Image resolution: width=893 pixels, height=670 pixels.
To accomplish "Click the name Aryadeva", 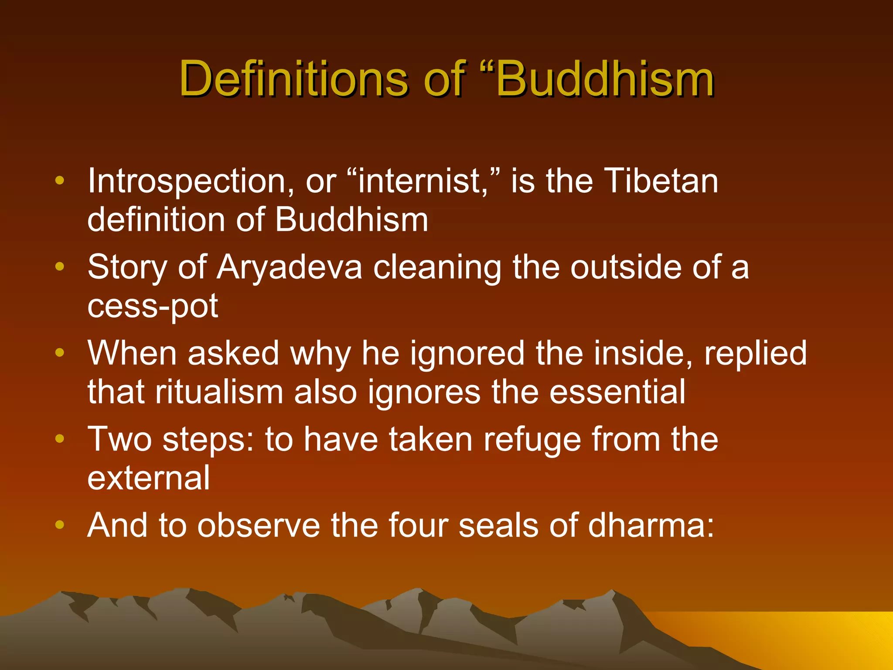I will pyautogui.click(x=290, y=267).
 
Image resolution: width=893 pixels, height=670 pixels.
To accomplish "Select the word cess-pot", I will pyautogui.click(x=153, y=306).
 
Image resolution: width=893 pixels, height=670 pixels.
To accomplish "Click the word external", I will pyautogui.click(x=149, y=478).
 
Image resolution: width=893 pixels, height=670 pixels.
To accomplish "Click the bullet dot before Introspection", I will pyautogui.click(x=60, y=180).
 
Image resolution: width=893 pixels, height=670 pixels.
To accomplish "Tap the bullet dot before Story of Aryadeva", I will pyautogui.click(x=60, y=266).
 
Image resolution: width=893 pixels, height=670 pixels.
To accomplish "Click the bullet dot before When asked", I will pyautogui.click(x=60, y=352).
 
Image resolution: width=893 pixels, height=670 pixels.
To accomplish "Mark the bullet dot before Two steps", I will pyautogui.click(x=60, y=438).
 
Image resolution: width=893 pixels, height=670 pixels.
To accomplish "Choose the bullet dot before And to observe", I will pyautogui.click(x=60, y=524).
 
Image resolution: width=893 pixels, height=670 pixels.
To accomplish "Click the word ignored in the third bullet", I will pyautogui.click(x=467, y=353).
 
